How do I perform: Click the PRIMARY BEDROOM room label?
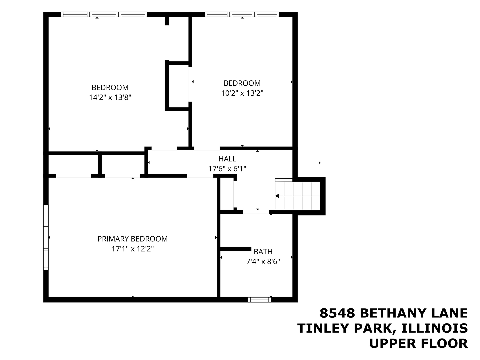(x=132, y=239)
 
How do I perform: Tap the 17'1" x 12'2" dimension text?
(x=132, y=249)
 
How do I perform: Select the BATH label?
(x=263, y=251)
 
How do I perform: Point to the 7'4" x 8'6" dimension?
(x=263, y=261)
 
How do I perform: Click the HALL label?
(x=227, y=159)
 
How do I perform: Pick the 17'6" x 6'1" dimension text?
(x=227, y=169)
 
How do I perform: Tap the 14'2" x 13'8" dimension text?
(x=110, y=97)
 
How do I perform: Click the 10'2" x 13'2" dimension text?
(x=242, y=93)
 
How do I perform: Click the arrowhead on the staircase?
(x=277, y=196)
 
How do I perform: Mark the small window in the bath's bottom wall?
(x=260, y=300)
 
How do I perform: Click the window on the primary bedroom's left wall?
(x=46, y=237)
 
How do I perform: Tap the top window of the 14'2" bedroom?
(x=104, y=14)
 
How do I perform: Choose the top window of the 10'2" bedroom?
(x=242, y=14)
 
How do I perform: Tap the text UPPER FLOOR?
(x=418, y=343)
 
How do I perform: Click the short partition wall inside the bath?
(x=236, y=249)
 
